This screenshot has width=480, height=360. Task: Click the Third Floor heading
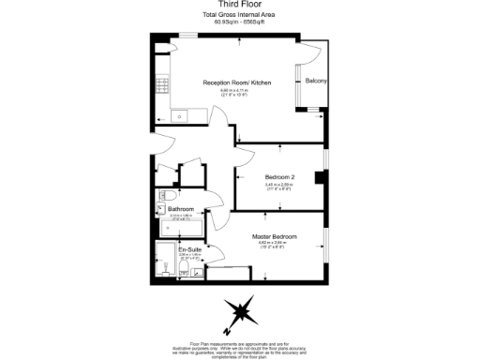click(239, 5)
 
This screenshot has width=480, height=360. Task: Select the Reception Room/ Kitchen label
click(238, 82)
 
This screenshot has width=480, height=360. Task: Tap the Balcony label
click(317, 82)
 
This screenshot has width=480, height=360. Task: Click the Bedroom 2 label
click(279, 177)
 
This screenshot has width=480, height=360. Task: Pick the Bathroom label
click(181, 208)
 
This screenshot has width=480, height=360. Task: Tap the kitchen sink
click(178, 116)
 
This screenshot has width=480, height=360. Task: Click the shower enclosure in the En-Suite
click(187, 267)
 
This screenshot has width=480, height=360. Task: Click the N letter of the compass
click(226, 331)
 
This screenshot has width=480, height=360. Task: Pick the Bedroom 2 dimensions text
click(279, 185)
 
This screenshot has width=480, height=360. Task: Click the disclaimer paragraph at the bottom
click(240, 347)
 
